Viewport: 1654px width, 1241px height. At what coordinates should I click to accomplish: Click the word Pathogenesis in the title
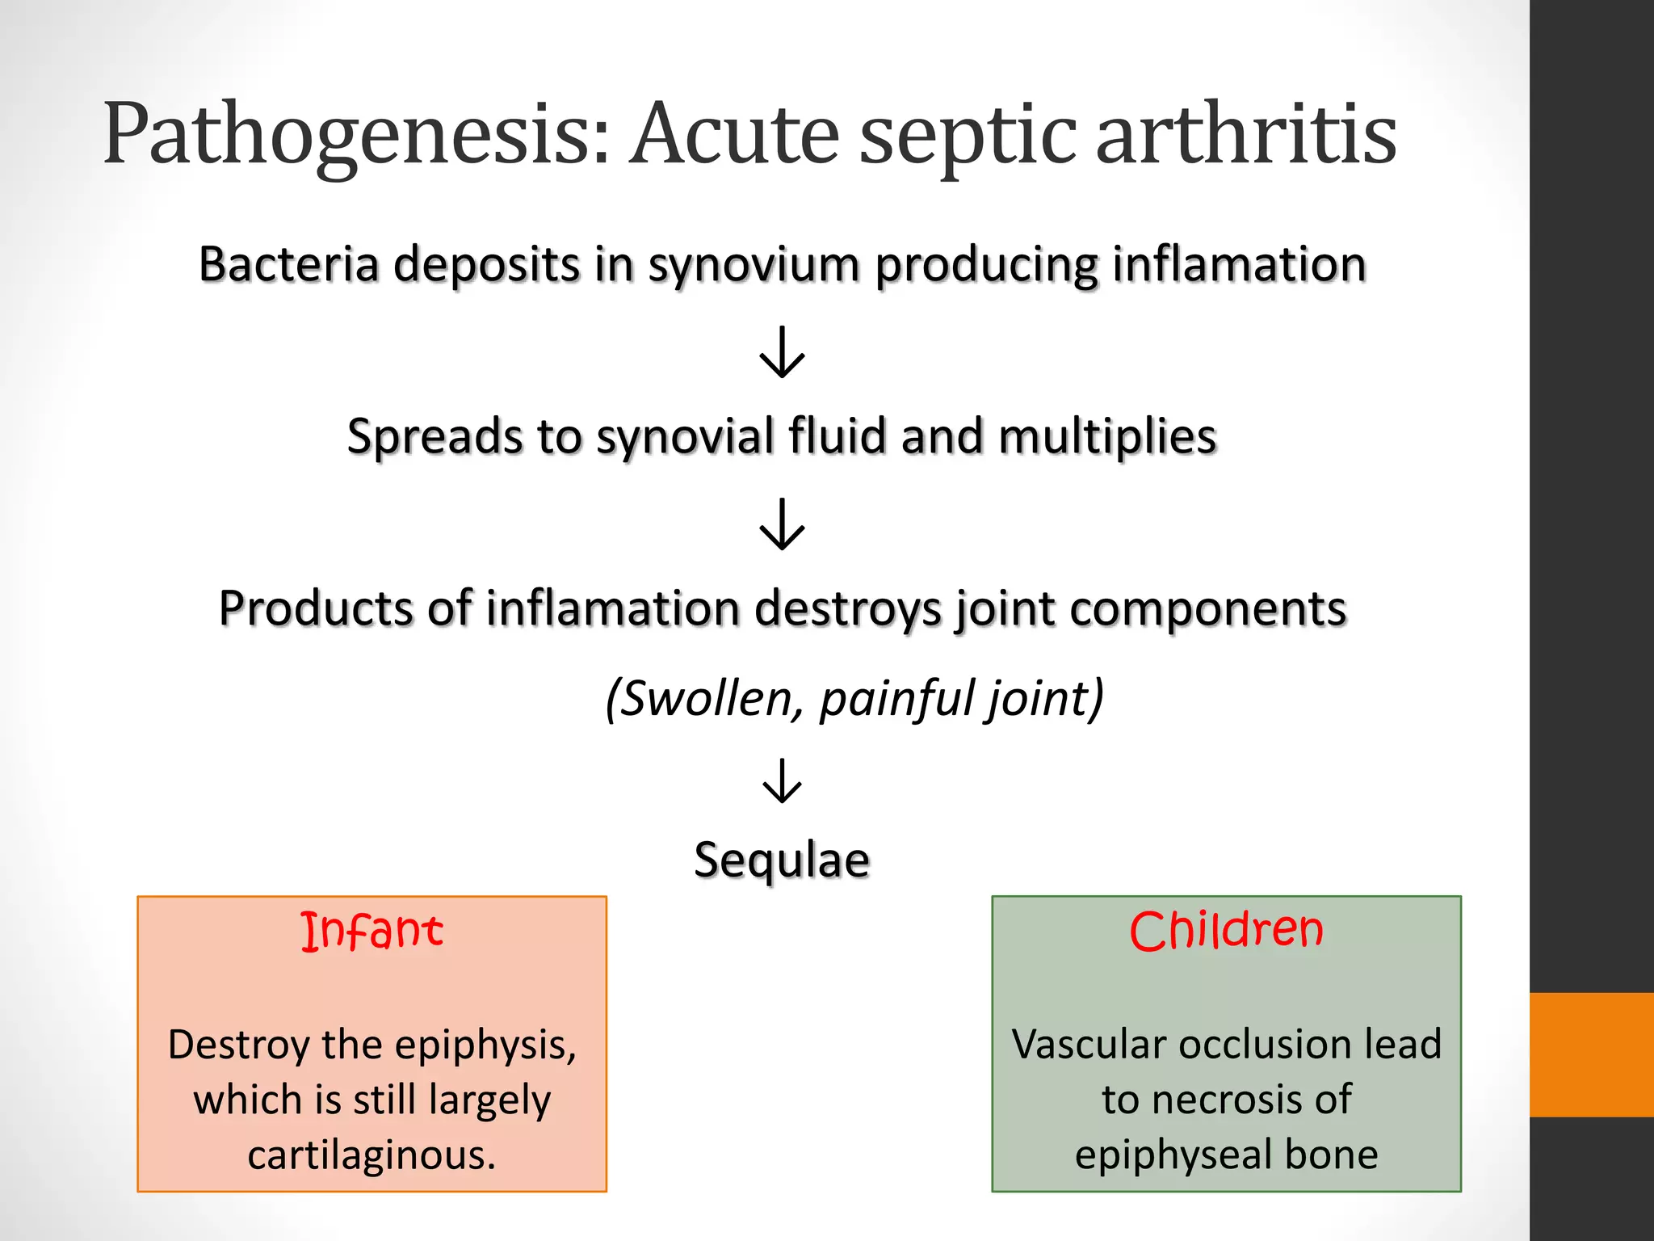click(x=355, y=135)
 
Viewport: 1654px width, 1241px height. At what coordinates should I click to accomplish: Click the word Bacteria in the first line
click(x=288, y=264)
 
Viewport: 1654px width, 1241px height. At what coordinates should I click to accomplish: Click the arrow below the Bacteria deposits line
click(x=782, y=352)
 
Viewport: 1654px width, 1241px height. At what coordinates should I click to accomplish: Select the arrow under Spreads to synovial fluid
click(x=782, y=524)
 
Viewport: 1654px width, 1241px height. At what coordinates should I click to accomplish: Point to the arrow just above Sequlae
click(x=782, y=780)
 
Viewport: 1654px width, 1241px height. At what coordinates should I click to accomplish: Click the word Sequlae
click(x=782, y=860)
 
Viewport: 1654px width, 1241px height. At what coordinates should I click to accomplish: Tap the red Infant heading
click(x=372, y=931)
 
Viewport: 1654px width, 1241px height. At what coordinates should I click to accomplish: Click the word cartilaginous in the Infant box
click(x=372, y=1155)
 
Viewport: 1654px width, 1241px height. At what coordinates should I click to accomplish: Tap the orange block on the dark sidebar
click(x=1591, y=1054)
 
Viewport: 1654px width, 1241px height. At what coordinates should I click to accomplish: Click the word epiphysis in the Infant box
click(x=485, y=1045)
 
